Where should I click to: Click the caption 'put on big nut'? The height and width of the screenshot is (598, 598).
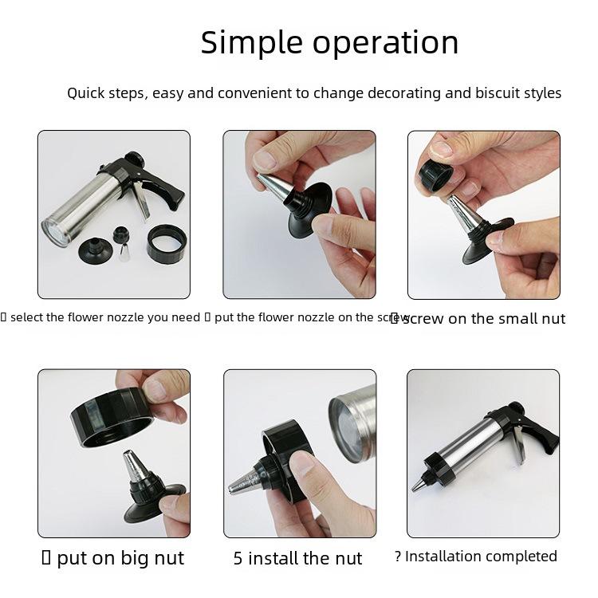point(120,558)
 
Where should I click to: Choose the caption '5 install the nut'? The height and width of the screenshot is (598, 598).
point(297,558)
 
